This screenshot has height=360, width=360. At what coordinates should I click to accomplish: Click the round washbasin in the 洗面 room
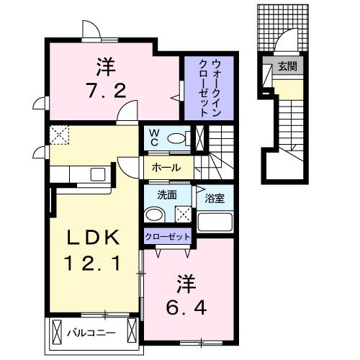(153, 214)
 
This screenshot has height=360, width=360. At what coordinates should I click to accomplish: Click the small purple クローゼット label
(168, 237)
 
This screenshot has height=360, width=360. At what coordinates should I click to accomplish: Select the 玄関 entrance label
(288, 68)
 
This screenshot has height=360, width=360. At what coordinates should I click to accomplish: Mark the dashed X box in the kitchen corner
(58, 134)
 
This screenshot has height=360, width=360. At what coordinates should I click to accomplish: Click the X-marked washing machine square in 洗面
(182, 214)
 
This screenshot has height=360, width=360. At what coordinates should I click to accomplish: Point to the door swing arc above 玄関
(287, 40)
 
